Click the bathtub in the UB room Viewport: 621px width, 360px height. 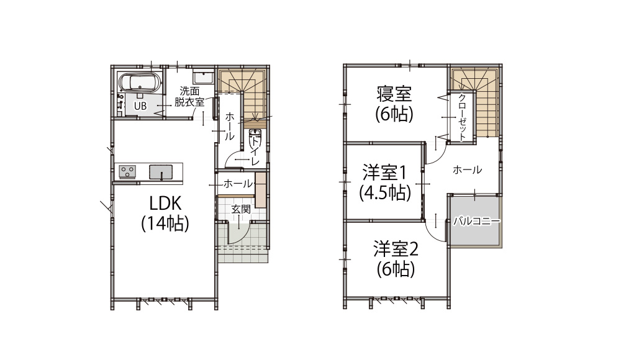pyautogui.click(x=140, y=83)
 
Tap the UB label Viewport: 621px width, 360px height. pyautogui.click(x=140, y=106)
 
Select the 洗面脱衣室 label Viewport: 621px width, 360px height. pyautogui.click(x=189, y=97)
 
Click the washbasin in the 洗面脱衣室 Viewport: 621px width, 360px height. pyautogui.click(x=204, y=77)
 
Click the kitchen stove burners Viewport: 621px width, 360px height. pyautogui.click(x=127, y=172)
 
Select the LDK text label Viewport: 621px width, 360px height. pyautogui.click(x=166, y=203)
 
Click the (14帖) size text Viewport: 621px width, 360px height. pyautogui.click(x=165, y=223)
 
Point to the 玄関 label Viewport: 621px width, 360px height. pyautogui.click(x=241, y=209)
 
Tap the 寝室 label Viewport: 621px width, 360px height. pyautogui.click(x=394, y=94)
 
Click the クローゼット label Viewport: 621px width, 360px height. pyautogui.click(x=462, y=117)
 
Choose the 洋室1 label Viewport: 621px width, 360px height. pyautogui.click(x=384, y=173)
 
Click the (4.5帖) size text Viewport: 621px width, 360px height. pyautogui.click(x=385, y=193)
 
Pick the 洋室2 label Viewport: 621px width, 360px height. pyautogui.click(x=396, y=250)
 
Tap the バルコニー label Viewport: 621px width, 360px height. pyautogui.click(x=477, y=221)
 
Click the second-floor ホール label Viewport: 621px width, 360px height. pyautogui.click(x=468, y=170)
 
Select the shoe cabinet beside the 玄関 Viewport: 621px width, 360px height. pyautogui.click(x=260, y=190)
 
